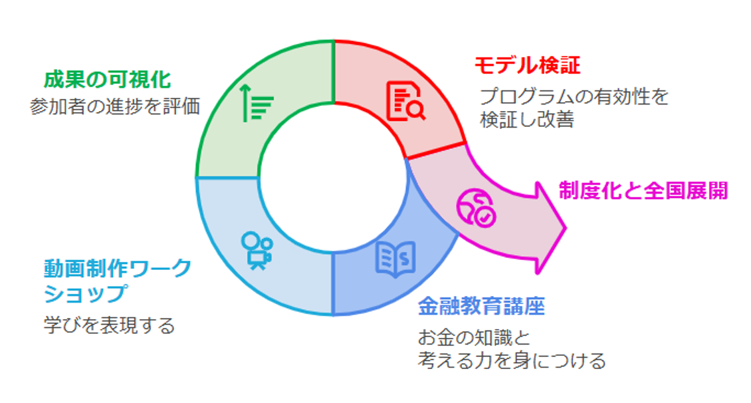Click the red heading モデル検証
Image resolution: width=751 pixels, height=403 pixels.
coord(527,65)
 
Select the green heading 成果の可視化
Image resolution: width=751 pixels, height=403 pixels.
coord(107,80)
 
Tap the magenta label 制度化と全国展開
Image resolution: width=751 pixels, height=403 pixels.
coord(643,191)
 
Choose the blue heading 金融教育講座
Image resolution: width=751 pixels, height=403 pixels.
coord(481,307)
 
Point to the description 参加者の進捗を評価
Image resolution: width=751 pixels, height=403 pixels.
coord(115,106)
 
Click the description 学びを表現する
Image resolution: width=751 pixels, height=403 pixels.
coord(109,325)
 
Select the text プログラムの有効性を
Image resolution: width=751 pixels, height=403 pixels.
coord(574,97)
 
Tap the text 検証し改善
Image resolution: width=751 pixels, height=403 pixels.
coord(526,120)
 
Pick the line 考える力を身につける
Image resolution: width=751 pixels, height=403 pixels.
coord(512,360)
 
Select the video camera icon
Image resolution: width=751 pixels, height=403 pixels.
coord(256,249)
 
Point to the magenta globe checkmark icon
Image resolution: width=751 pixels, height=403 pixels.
coord(475,207)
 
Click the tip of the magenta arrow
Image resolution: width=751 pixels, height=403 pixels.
coord(564,229)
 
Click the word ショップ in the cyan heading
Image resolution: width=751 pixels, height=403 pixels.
coord(84,293)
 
